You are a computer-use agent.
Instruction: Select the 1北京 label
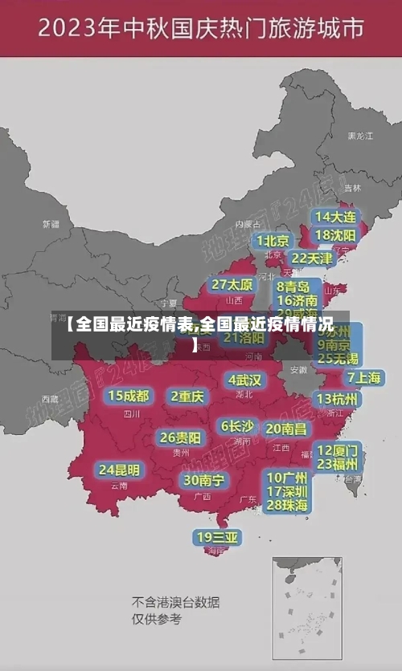273,241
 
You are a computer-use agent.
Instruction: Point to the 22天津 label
312,258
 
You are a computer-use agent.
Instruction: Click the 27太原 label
233,285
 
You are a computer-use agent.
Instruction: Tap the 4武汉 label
245,380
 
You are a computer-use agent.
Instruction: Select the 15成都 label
129,396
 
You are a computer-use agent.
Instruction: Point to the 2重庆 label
188,396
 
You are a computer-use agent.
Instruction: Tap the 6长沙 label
238,426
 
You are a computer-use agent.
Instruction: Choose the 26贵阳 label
180,437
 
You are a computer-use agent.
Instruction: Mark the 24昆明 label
119,470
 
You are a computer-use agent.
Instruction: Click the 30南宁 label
203,480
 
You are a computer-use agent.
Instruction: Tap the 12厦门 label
338,449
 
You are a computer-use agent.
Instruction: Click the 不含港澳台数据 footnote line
176,602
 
